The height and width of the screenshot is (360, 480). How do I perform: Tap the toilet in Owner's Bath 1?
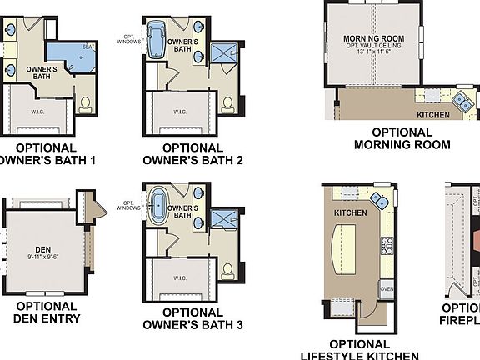(84, 105)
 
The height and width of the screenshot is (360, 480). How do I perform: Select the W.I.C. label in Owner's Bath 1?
(37, 107)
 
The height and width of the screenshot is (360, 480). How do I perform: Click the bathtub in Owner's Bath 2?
(156, 37)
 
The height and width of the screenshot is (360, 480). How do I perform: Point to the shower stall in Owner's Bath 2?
(222, 53)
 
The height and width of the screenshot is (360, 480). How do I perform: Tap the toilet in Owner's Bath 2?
(227, 105)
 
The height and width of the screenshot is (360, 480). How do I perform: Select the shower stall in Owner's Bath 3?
(222, 219)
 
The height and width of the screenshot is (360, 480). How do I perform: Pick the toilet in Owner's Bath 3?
(227, 271)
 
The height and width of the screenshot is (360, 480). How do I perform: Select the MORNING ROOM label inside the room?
(373, 38)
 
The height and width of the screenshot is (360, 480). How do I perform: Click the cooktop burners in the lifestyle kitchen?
(387, 245)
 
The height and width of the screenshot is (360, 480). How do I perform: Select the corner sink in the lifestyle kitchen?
(379, 199)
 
